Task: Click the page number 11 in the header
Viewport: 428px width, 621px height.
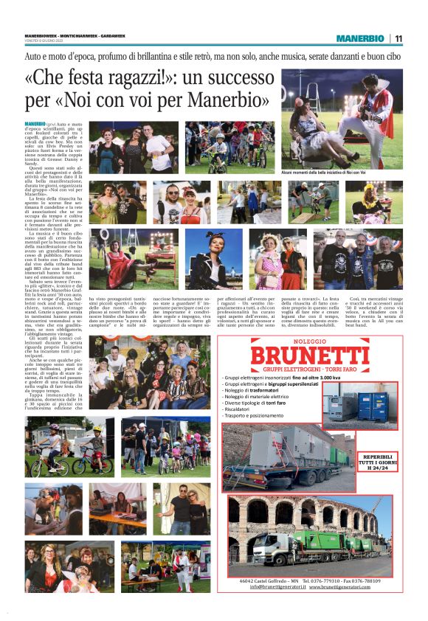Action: pyautogui.click(x=398, y=38)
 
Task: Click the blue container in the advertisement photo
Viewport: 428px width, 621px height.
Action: pyautogui.click(x=373, y=404)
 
